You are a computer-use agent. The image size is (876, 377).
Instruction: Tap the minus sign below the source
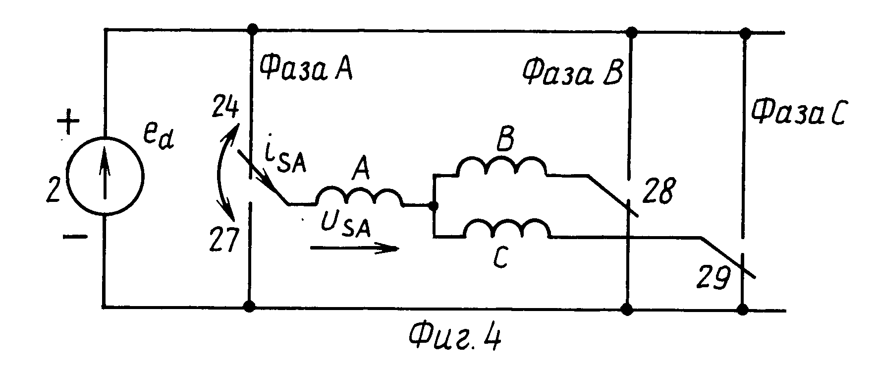[x=75, y=237]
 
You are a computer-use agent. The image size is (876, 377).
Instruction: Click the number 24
[x=225, y=108]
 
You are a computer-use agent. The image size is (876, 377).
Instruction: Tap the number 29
[x=714, y=278]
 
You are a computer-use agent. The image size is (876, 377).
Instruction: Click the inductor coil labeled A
[x=359, y=196]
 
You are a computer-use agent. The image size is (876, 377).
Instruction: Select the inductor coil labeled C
[x=506, y=229]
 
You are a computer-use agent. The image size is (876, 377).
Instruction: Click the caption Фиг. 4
[x=454, y=339]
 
